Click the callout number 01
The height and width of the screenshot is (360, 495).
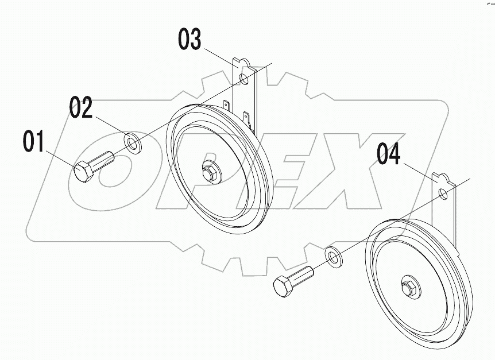click(x=34, y=142)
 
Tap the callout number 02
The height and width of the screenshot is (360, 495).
click(x=81, y=107)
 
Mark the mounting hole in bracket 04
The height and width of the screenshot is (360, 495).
click(x=443, y=193)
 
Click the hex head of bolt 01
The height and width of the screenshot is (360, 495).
click(x=84, y=171)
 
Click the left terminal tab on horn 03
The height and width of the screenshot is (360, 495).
click(x=227, y=107)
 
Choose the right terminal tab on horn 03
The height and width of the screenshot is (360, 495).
click(x=247, y=118)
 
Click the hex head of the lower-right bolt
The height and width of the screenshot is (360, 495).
click(x=283, y=286)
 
